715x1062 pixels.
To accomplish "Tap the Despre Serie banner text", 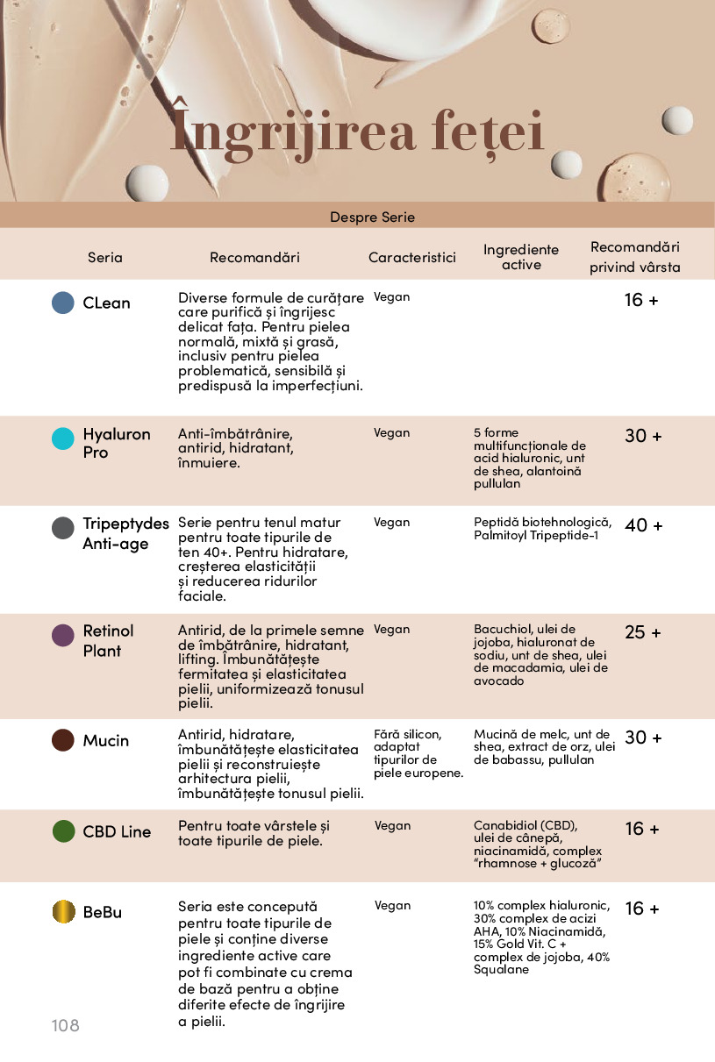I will tap(372, 217).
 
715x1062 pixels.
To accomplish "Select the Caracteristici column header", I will tap(412, 257).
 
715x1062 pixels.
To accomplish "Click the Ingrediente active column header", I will tap(521, 257).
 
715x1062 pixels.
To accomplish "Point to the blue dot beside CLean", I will tap(63, 303).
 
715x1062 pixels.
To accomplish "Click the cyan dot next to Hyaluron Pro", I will tap(63, 438).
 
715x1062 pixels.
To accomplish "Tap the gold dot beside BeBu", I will tap(63, 911).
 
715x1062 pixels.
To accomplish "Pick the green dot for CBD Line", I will tap(63, 830).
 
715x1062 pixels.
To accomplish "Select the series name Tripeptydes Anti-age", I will tap(125, 533).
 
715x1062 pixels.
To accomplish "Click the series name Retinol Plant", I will tap(108, 640).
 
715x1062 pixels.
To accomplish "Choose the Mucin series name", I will tap(105, 740).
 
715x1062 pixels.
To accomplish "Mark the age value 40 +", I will tap(643, 525).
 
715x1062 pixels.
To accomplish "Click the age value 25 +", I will tap(643, 632).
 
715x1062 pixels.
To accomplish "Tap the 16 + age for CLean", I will tap(641, 300).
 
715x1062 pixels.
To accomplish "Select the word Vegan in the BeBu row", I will tap(392, 905).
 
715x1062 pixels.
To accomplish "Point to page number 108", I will tap(65, 1025).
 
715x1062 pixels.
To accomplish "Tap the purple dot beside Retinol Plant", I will tap(63, 636).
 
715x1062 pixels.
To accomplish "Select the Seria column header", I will tap(105, 257).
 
